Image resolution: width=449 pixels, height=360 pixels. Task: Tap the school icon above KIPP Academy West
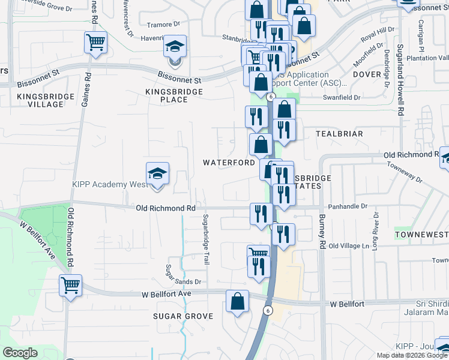point(157,174)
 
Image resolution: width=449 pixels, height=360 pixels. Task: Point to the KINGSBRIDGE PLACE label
point(175,95)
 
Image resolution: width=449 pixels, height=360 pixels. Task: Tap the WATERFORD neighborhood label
point(229,163)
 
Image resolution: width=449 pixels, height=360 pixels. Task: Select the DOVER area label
point(367,74)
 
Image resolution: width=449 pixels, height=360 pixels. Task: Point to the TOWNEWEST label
point(421,232)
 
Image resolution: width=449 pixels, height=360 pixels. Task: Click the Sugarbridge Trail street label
point(206,239)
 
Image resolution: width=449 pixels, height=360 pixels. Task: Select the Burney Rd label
point(322,232)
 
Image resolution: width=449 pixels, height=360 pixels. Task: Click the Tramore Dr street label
point(163,25)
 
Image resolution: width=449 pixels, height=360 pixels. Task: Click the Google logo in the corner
point(20,353)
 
